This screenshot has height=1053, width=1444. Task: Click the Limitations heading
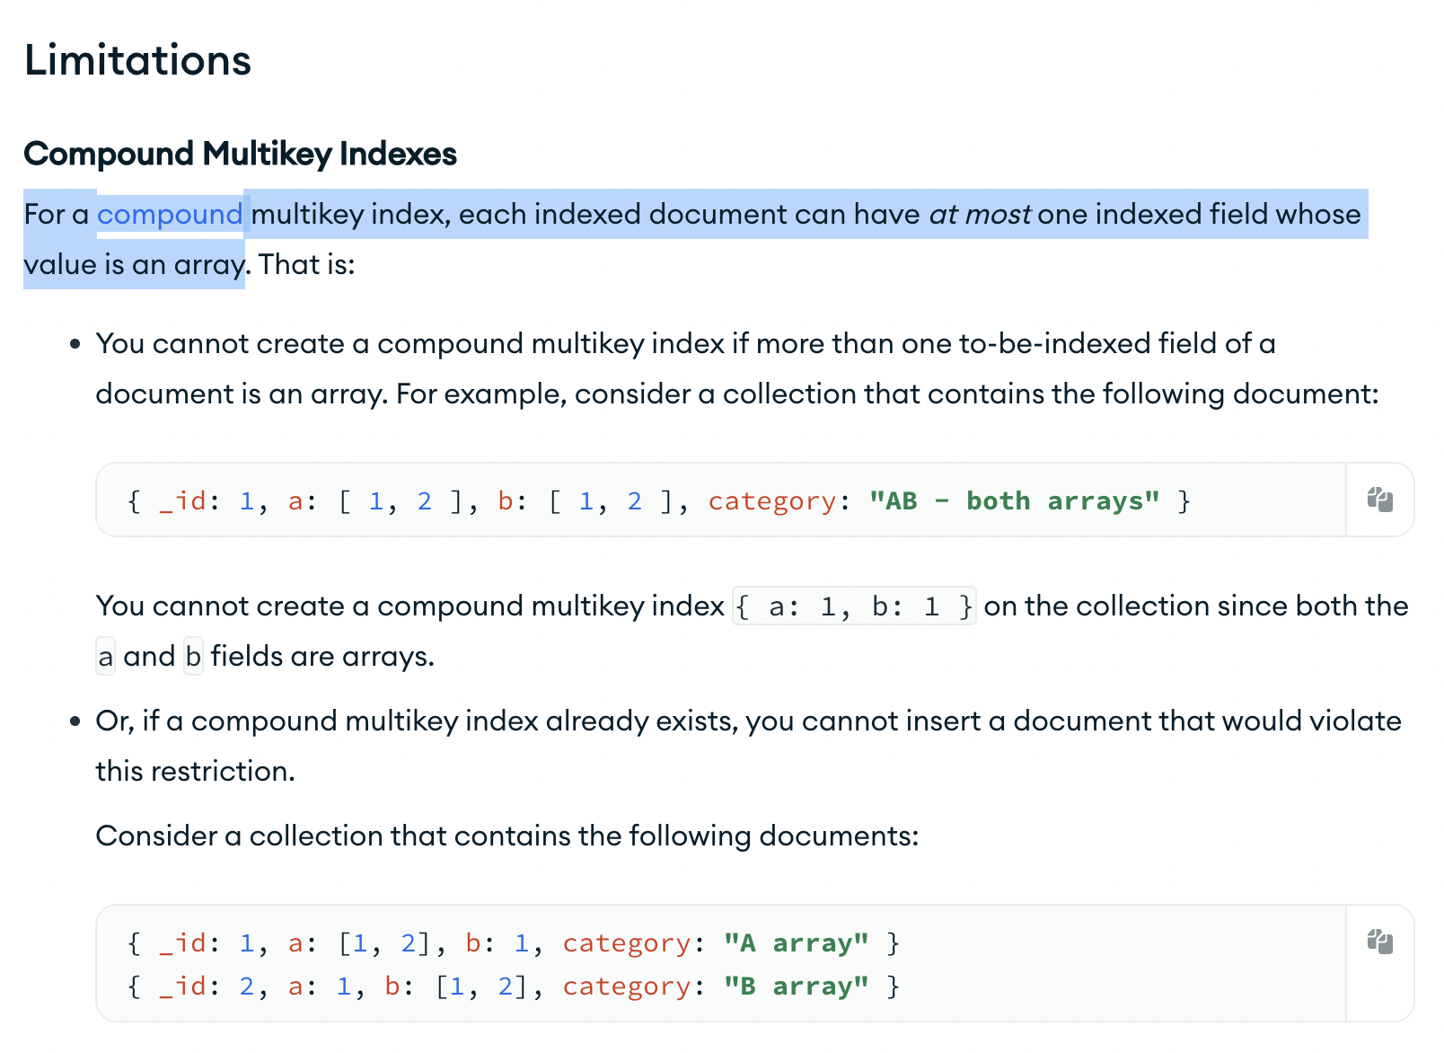point(137,60)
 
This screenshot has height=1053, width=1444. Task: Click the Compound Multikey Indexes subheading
point(240,154)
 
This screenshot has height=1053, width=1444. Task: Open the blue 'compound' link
point(170,215)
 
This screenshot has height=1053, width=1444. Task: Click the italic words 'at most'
point(980,215)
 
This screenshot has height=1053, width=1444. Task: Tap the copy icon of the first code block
point(1379,500)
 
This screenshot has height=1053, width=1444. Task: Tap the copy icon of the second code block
point(1379,942)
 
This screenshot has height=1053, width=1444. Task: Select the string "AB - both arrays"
point(1014,500)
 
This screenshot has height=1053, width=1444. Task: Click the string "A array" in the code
point(796,942)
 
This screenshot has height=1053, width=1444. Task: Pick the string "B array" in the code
point(796,986)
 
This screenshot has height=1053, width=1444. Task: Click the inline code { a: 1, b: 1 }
point(854,606)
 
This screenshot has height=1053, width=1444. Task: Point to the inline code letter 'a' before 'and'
point(106,657)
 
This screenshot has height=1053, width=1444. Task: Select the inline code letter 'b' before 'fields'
point(193,657)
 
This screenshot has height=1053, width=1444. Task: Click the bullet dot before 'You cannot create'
point(75,344)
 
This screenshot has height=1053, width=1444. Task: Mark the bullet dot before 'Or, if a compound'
point(75,721)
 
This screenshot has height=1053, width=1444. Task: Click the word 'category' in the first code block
point(772,500)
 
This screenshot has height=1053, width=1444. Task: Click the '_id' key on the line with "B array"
point(182,986)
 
